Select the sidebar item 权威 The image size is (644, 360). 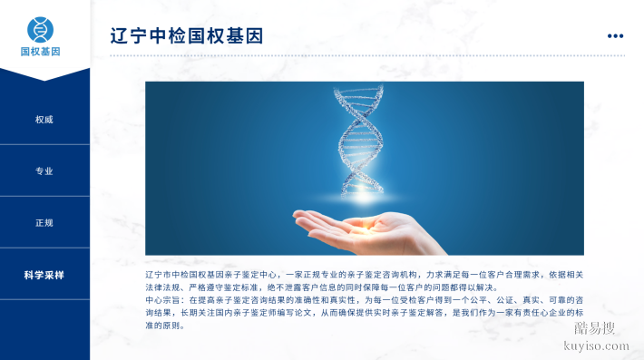(x=44, y=120)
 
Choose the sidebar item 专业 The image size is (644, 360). (x=44, y=171)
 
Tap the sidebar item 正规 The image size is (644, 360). (x=44, y=223)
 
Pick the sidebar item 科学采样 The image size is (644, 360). (x=44, y=275)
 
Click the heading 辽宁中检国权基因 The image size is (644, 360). (x=186, y=36)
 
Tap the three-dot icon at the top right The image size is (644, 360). (x=615, y=36)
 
